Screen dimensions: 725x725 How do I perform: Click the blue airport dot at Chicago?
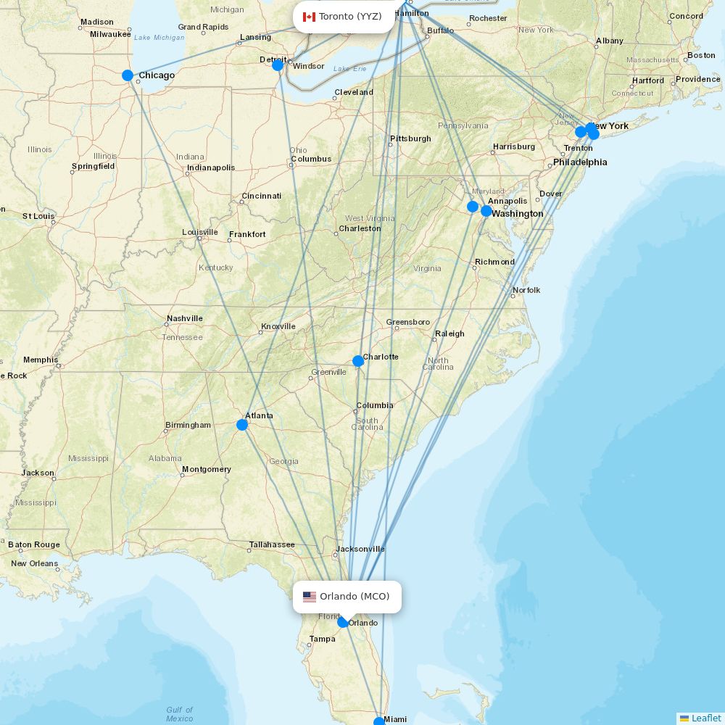click(x=128, y=75)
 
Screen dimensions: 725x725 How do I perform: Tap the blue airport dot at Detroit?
click(x=277, y=65)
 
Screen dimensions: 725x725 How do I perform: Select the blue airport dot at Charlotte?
click(x=357, y=361)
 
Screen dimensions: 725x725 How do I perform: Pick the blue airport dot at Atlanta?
click(x=242, y=425)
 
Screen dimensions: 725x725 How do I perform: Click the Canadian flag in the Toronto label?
click(x=309, y=17)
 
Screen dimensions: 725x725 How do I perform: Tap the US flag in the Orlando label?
click(x=310, y=597)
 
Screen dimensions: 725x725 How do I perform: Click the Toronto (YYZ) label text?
click(x=350, y=17)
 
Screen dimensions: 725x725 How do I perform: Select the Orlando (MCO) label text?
click(x=355, y=597)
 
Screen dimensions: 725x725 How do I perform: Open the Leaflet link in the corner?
click(x=705, y=718)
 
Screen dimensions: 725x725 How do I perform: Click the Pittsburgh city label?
click(x=410, y=138)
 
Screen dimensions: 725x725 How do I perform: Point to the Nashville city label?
click(x=185, y=318)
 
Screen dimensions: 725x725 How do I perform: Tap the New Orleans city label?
click(x=34, y=563)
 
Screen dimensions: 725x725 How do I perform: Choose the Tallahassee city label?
click(x=272, y=544)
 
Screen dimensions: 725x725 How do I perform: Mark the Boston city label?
click(x=701, y=55)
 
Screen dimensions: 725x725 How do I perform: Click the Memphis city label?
click(x=41, y=360)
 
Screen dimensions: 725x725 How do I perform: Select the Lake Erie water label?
click(x=349, y=69)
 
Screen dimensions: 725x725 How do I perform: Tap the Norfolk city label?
click(x=526, y=290)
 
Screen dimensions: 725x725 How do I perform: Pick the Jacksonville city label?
click(x=360, y=549)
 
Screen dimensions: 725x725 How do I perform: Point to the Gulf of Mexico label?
click(x=179, y=714)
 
